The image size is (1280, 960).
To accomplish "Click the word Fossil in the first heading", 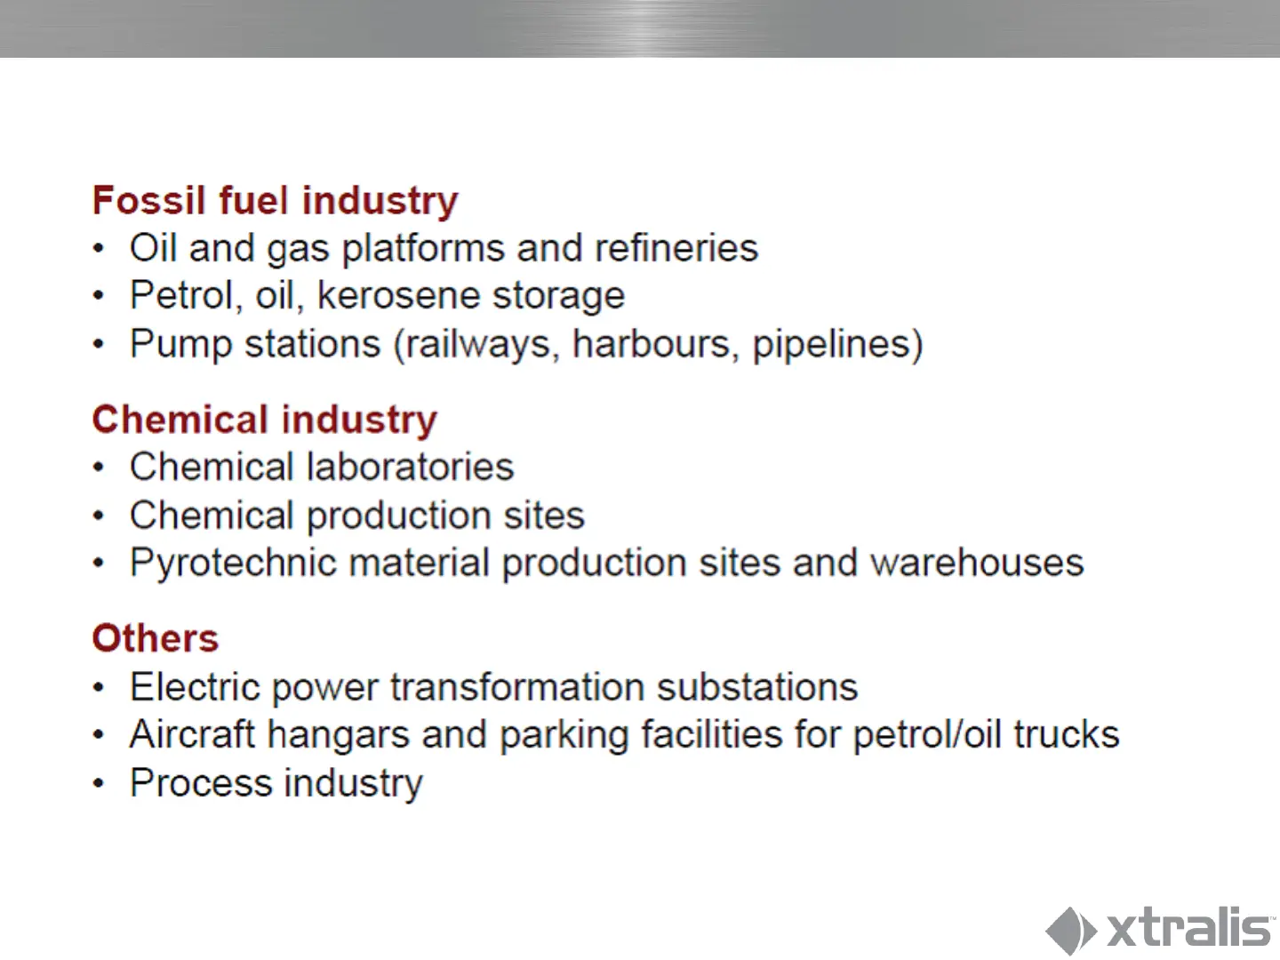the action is point(149,201).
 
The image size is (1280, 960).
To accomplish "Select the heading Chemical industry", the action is point(265,420).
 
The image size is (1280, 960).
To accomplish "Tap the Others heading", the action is point(156,638).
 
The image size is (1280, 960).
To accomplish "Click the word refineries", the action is point(676,248).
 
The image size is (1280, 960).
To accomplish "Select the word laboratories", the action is point(411,467).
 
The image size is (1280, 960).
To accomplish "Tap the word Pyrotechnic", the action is point(233,564).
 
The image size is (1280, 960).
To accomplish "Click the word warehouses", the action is point(977,563).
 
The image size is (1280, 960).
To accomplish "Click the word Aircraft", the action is point(192,734).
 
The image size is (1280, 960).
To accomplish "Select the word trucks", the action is point(1067,734).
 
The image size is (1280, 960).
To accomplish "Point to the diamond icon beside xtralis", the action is point(1070,931).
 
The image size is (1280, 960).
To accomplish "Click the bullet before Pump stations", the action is point(99,344).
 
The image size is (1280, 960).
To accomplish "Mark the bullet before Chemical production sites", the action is point(99,516).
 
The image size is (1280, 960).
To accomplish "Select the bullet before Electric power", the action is point(99,687).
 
